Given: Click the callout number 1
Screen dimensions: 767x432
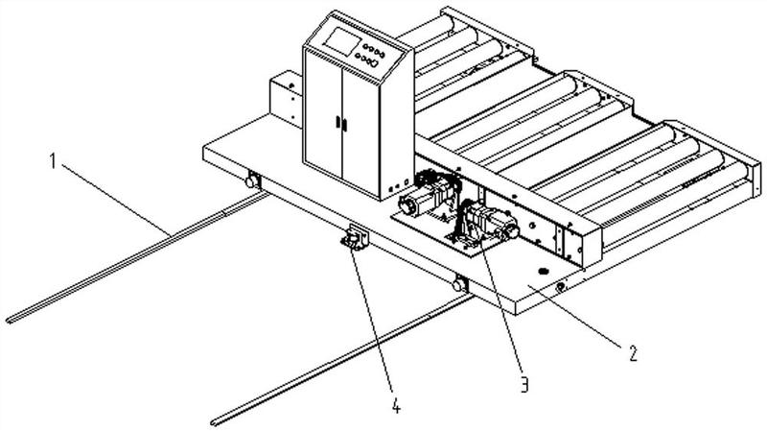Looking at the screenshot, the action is (54, 160).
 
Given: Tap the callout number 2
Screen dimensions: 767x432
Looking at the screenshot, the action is (633, 352).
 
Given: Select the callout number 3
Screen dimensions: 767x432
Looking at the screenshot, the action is (523, 384).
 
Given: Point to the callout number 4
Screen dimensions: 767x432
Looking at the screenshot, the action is (396, 405).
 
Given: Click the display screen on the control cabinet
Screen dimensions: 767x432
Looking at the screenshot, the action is (343, 39).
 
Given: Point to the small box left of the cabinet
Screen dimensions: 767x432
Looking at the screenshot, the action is (286, 99).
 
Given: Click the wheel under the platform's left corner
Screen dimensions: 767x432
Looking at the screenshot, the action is (252, 180).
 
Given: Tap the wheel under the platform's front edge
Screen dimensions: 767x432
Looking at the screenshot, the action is (459, 284).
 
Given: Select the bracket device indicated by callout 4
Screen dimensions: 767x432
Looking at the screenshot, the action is (355, 237).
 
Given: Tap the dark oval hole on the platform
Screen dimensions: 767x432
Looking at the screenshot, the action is (542, 270).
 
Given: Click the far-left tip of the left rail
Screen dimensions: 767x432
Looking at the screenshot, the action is (9, 322).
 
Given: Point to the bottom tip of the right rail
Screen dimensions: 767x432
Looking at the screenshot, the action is (214, 422).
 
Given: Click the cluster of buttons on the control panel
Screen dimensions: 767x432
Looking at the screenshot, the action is (371, 55).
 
